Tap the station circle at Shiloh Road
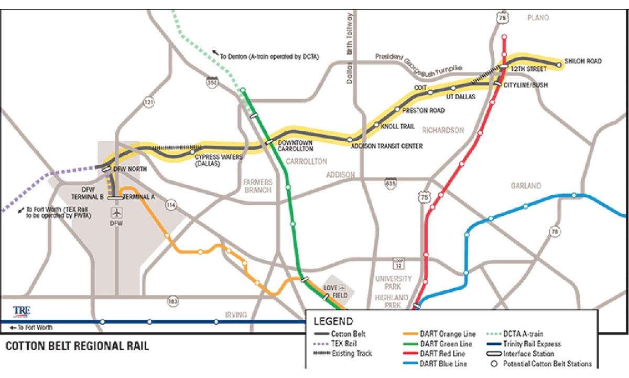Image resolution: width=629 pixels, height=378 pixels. pos(559,65)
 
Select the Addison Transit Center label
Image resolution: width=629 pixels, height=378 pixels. pos(386,146)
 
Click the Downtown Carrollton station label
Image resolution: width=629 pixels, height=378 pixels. pos(295,146)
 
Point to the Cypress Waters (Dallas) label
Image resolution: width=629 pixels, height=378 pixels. pos(208,160)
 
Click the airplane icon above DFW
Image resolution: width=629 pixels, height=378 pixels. pos(116,213)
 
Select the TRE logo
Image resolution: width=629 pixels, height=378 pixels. pos(21,310)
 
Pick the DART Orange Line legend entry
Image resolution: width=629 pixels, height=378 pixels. pos(442,334)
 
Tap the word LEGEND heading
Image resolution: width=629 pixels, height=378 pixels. pos(333,321)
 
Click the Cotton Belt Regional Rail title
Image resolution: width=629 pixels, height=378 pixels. pos(77,346)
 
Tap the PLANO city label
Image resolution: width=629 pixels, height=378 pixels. pos(538,18)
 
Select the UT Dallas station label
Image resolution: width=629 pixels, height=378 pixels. pos(460,97)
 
